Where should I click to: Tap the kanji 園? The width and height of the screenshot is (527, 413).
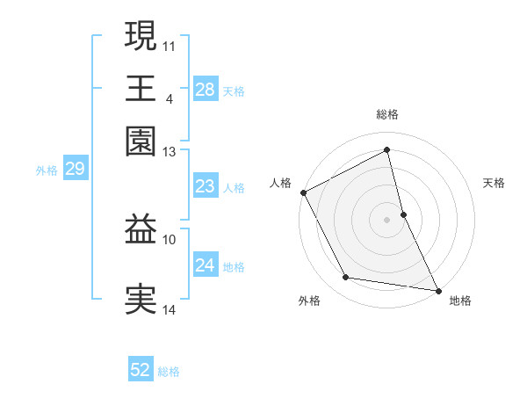tap(141, 141)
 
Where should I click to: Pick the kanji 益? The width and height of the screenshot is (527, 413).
tap(141, 230)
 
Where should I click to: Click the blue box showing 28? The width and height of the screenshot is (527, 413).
tap(205, 89)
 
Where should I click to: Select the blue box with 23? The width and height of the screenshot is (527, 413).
tap(205, 186)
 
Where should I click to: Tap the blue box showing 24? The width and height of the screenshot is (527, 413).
tap(205, 265)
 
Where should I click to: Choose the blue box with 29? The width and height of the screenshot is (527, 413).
tap(75, 170)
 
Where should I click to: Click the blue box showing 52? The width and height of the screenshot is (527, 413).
tap(141, 370)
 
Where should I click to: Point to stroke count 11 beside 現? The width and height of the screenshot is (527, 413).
tap(170, 45)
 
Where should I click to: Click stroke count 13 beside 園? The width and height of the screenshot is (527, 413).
tap(170, 152)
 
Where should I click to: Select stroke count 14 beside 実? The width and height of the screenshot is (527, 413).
tap(170, 310)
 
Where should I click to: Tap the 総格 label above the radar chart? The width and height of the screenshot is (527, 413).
tap(387, 114)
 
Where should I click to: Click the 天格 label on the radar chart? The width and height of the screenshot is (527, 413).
tap(494, 183)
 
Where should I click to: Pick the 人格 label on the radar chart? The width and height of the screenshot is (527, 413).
tap(280, 183)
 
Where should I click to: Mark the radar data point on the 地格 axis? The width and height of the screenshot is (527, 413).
tap(437, 289)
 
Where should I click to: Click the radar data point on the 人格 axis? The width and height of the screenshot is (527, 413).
tap(303, 192)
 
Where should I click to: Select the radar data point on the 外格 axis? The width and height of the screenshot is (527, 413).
tap(346, 278)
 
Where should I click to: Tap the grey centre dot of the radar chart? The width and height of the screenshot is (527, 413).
tap(387, 220)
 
